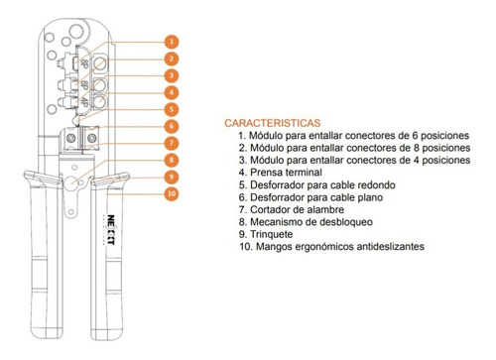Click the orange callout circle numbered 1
(x=172, y=42)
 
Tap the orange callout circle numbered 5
(x=172, y=109)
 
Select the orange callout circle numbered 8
(x=172, y=160)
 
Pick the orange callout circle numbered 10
(x=172, y=193)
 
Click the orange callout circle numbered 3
(x=172, y=75)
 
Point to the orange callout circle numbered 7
(x=172, y=143)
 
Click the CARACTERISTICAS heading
(x=273, y=123)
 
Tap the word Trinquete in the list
(x=272, y=234)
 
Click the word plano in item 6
(x=370, y=197)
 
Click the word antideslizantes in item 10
(x=391, y=247)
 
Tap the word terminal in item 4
(x=304, y=173)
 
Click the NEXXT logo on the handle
(x=111, y=230)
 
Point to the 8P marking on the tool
(x=83, y=63)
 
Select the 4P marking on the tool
(x=83, y=102)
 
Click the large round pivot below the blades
(x=70, y=182)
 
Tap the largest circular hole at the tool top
(x=76, y=31)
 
